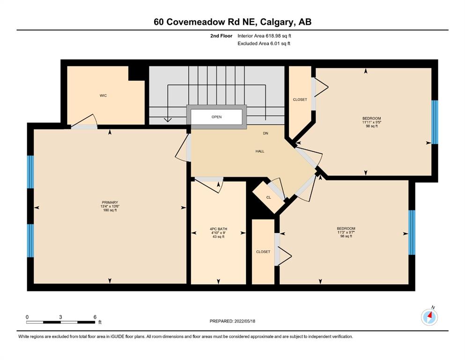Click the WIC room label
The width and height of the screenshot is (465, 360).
(103, 96)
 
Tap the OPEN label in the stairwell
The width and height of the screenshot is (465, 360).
(216, 117)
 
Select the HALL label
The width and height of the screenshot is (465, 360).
(260, 151)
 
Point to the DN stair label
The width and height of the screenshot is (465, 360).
(266, 133)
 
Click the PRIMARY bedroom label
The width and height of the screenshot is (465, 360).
(110, 202)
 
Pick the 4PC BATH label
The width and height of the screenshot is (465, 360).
(218, 229)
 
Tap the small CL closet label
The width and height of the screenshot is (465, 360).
(269, 197)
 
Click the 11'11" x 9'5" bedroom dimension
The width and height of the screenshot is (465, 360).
(372, 122)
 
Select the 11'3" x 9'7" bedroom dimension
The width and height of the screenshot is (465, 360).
(346, 232)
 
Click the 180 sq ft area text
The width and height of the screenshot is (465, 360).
(110, 210)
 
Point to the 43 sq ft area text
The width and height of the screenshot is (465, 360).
(218, 237)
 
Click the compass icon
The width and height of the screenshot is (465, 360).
(429, 317)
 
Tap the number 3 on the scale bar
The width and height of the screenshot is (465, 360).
(60, 317)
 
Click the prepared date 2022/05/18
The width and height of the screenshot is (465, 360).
(244, 321)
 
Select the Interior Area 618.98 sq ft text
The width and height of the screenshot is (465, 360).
(264, 36)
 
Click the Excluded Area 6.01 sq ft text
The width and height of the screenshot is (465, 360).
(264, 44)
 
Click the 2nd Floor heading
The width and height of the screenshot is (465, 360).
(221, 36)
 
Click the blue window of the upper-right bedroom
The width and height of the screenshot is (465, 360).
(435, 122)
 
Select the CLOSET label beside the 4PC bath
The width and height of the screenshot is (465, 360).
(263, 252)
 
